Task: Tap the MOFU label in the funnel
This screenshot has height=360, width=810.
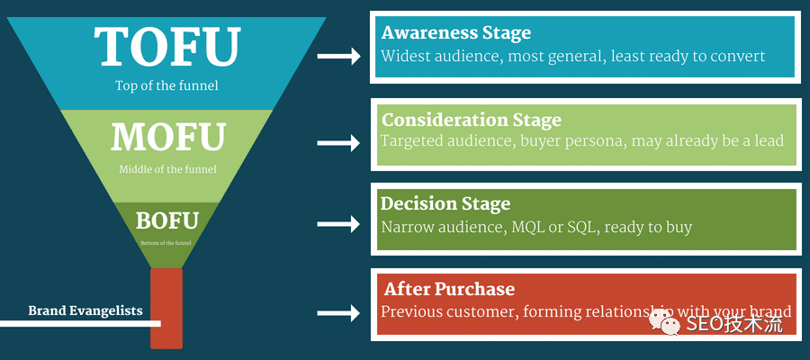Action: point(167,138)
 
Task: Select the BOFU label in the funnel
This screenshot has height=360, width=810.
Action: point(167,220)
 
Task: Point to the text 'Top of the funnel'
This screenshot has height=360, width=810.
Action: point(167,86)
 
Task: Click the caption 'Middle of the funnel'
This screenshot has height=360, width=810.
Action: point(167,169)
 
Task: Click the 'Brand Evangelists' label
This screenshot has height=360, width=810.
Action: point(85,310)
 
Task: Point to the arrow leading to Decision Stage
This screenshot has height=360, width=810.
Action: point(338,224)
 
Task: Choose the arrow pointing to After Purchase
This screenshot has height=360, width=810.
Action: point(338,313)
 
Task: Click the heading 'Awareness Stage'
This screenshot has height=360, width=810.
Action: point(456,33)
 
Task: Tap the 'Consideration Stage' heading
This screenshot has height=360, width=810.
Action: point(472,120)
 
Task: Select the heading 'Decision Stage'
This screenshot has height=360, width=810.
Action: point(445,203)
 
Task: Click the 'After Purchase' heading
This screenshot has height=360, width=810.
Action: point(449,289)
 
